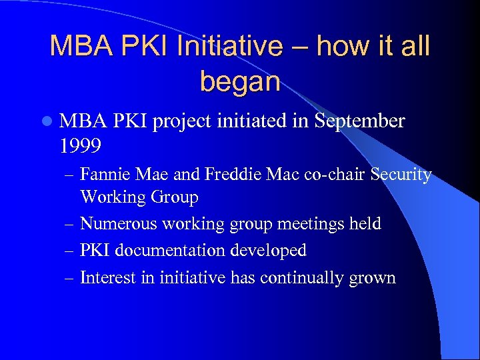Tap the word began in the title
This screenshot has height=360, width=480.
(x=240, y=81)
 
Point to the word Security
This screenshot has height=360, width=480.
(x=401, y=175)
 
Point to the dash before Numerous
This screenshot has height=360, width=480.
(x=71, y=224)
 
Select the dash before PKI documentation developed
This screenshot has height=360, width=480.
(x=71, y=251)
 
